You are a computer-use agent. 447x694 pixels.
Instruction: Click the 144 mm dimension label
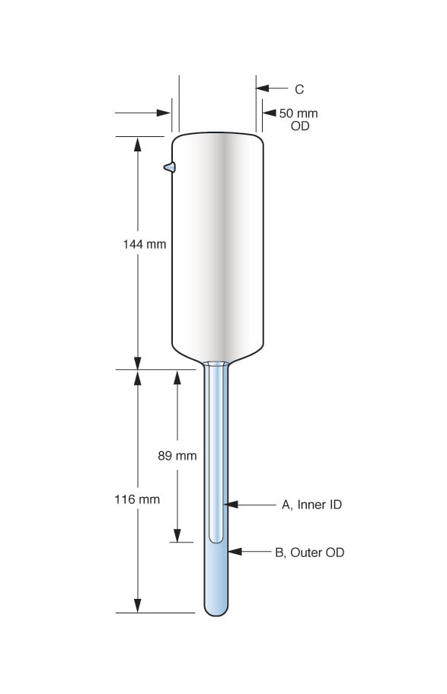tap(144, 244)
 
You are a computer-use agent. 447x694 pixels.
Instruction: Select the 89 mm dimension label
tap(177, 456)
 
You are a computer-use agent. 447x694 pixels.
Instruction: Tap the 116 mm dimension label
tap(138, 499)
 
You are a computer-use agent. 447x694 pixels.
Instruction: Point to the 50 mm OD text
tap(299, 119)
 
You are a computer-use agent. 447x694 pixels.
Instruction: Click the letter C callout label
tap(299, 89)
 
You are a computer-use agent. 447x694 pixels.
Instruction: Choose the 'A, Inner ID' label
tap(311, 505)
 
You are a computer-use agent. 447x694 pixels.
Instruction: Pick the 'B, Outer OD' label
tap(309, 552)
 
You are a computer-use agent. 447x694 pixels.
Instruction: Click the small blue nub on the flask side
tap(169, 167)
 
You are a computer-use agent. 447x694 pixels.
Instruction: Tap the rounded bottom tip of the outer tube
tap(216, 610)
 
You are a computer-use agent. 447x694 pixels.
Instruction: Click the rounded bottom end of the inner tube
tap(216, 538)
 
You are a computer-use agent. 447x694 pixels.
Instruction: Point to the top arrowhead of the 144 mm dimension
tap(138, 145)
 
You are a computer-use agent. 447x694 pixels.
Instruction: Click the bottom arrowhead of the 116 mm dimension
tap(138, 605)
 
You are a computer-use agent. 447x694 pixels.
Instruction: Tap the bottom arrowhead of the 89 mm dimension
tap(177, 534)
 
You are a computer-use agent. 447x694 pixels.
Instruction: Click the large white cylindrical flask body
tap(217, 244)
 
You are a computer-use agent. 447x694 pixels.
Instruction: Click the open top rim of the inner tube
tap(216, 365)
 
